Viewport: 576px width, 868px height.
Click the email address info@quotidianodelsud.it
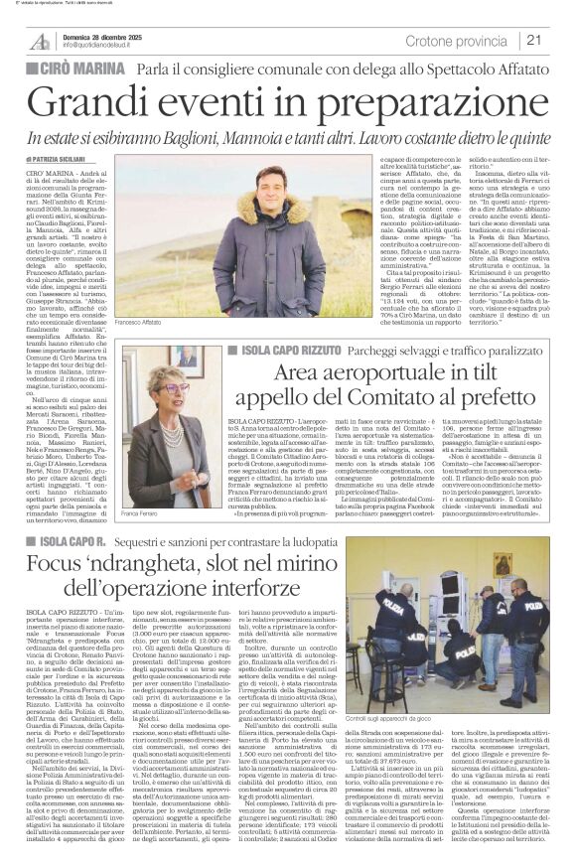click(x=107, y=46)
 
